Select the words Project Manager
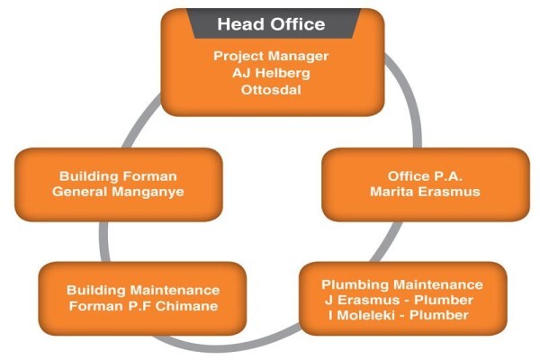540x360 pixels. coord(271,56)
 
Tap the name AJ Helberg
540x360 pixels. coord(271,73)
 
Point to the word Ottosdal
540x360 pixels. coord(271,90)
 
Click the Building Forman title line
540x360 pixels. coord(118,176)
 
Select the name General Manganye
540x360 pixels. coord(118,192)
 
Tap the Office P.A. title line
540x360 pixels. coord(425,176)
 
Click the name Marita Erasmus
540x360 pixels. coord(425,192)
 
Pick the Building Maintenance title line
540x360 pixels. coord(143,290)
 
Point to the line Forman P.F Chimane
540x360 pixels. coord(143,306)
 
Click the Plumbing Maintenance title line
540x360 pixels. coord(402,284)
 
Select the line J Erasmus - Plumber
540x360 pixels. coord(399,300)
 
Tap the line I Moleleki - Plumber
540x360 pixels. coord(399,315)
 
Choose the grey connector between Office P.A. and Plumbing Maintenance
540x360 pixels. coord(386,242)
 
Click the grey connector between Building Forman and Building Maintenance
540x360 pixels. coord(104,242)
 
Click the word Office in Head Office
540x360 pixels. coord(298,23)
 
